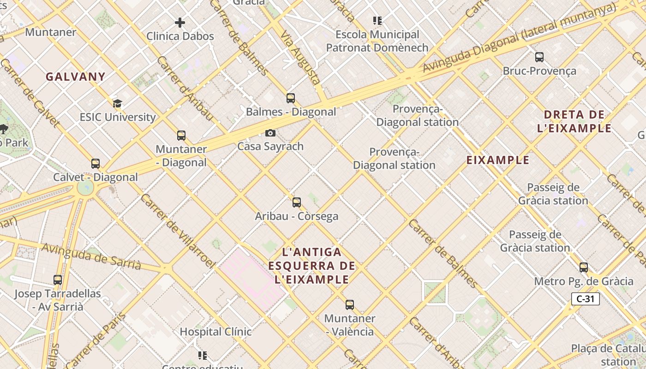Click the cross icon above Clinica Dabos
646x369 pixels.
180,22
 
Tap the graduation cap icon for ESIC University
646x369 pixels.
118,103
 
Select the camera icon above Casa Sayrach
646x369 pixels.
270,133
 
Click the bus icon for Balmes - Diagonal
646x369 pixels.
291,98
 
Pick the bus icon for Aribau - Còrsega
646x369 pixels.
297,202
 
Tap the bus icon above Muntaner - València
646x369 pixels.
350,304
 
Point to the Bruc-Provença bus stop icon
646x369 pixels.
539,57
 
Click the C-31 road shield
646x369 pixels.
585,299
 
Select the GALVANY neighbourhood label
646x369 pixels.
76,77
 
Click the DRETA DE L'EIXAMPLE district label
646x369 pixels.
574,121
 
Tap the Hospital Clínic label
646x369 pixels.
215,332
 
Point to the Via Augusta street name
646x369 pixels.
301,58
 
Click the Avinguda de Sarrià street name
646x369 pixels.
91,256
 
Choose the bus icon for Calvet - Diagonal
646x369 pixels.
96,163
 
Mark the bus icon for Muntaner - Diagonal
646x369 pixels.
181,136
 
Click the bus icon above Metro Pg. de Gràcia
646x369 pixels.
584,268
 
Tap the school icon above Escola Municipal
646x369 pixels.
377,21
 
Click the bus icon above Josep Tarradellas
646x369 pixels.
58,280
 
